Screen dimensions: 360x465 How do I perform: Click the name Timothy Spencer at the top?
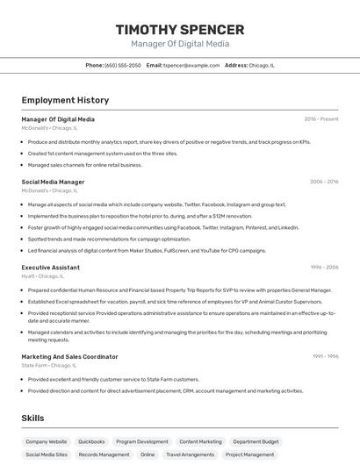coord(180,30)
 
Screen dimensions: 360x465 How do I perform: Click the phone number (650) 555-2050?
coord(122,65)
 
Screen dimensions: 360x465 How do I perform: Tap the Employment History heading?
coord(65,100)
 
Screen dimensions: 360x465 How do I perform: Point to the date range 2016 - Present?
coord(321,119)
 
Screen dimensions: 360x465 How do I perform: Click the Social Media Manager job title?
coord(53,182)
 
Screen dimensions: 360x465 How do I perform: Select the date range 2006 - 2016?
coord(324,182)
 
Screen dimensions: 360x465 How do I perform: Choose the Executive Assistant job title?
coord(50,267)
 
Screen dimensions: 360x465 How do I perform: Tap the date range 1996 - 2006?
coord(324,267)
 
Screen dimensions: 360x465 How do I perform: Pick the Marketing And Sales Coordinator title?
coord(69,356)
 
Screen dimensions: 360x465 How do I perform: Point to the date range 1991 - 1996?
coord(325,356)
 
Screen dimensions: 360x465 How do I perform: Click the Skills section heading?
coord(32,418)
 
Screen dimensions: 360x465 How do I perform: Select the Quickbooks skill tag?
coord(91,441)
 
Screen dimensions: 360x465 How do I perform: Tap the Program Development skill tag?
coord(141,441)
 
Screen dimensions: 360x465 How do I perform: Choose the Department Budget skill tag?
coord(256,441)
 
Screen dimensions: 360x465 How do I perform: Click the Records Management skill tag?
coord(104,454)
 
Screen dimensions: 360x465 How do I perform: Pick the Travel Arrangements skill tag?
coord(189,454)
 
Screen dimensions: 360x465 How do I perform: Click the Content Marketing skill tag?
coord(200,441)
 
